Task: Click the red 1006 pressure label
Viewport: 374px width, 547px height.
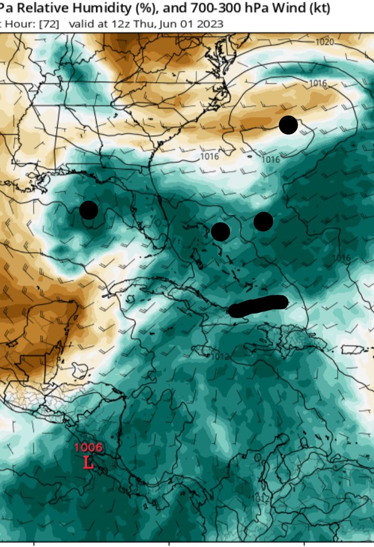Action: click(x=88, y=447)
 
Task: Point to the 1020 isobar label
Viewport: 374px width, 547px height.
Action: click(x=325, y=42)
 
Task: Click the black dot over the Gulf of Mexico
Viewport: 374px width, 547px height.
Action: click(x=89, y=210)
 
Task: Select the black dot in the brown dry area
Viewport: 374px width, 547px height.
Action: click(x=288, y=125)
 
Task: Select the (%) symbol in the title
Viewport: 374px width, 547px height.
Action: click(x=133, y=9)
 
